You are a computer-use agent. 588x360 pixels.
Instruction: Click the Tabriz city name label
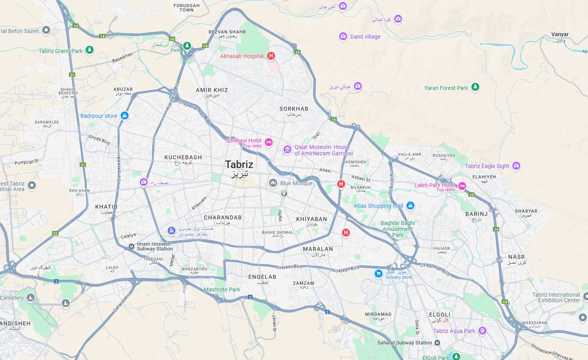239,164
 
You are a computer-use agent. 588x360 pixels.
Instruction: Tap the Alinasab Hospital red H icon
271,56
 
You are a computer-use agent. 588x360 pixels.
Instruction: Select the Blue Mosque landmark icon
273,183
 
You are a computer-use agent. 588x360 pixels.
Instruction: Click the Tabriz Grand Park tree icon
90,50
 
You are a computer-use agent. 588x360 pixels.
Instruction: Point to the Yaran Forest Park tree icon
475,87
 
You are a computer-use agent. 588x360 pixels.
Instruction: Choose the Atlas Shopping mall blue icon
410,205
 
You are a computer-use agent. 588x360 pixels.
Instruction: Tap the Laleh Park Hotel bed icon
462,186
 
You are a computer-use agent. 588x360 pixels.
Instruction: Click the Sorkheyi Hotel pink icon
269,142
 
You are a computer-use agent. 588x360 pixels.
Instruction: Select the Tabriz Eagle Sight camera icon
516,165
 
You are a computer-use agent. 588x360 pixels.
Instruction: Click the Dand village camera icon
343,36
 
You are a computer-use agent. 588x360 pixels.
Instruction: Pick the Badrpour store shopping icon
125,115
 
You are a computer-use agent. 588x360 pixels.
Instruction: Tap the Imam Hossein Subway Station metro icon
131,247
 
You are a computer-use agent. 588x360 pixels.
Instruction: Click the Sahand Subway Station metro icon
438,342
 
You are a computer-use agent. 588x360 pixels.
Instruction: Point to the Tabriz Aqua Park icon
483,330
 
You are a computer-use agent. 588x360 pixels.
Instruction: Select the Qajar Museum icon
287,149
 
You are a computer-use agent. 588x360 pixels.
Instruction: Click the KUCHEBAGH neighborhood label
183,157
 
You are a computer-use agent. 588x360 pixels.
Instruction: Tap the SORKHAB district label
294,109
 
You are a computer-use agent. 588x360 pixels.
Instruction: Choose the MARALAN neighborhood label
318,249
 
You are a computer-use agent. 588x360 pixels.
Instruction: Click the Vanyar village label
560,34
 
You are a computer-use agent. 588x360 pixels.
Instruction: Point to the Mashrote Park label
222,290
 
